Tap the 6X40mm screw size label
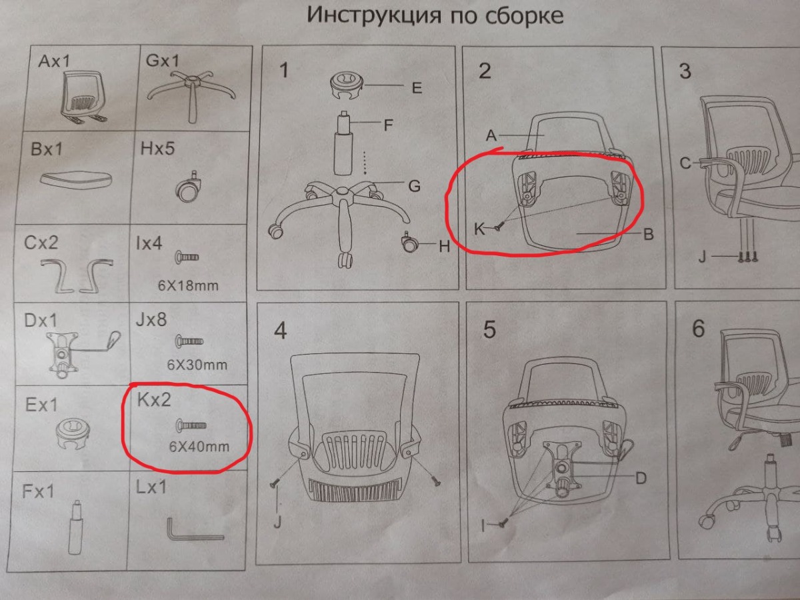coord(199,447)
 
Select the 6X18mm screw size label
coord(188,285)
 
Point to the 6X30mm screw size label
coord(197,365)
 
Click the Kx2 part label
coord(154,399)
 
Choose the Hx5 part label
coord(157,148)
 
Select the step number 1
coord(284,70)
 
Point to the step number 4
coord(281,331)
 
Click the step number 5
coord(489,329)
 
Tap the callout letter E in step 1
coord(417,88)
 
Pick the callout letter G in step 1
coord(415,186)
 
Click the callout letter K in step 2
coord(479,229)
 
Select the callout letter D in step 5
coord(641,478)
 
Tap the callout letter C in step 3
coord(685,163)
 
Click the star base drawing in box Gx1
coord(191,95)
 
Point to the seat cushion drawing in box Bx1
coord(76,179)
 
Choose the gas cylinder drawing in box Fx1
coord(75,527)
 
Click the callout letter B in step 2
coord(649,234)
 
